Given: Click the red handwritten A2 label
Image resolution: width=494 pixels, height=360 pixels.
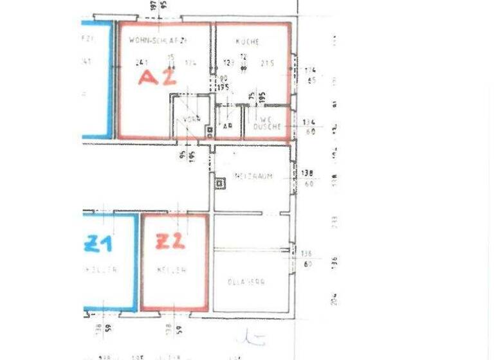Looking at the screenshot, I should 158,78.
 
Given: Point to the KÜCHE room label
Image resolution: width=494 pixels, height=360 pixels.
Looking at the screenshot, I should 247,42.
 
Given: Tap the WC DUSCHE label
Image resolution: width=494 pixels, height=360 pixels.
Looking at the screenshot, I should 269,123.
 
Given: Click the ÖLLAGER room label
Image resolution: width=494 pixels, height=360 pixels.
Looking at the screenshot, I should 246,282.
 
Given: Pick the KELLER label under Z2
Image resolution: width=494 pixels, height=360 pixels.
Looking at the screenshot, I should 171,271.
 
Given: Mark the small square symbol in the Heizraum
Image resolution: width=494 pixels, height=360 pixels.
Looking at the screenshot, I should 220,183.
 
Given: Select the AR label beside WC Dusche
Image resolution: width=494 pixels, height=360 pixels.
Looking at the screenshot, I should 227,126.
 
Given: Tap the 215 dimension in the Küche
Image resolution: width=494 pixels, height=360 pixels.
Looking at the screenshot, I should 268,63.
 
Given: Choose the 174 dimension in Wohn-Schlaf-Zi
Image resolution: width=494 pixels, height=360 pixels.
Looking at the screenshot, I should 190,63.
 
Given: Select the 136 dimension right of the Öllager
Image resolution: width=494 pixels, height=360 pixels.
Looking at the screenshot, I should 307,254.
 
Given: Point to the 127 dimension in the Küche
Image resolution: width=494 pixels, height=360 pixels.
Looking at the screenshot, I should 228,63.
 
